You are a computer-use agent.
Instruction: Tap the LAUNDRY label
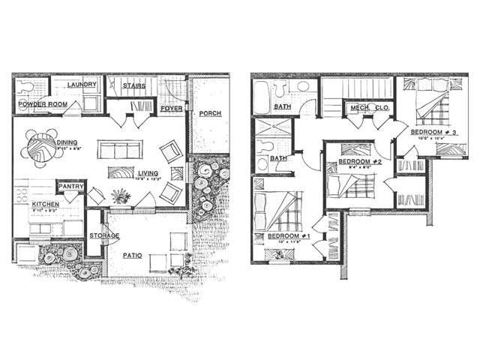pyautogui.click(x=82, y=85)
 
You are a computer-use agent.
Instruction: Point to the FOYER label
pyautogui.click(x=172, y=109)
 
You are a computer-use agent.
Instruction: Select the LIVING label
pyautogui.click(x=148, y=174)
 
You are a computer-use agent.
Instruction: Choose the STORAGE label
pyautogui.click(x=103, y=236)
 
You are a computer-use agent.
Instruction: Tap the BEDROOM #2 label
pyautogui.click(x=361, y=162)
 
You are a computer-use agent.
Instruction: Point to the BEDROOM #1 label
pyautogui.click(x=289, y=237)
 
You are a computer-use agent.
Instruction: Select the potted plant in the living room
pyautogui.click(x=119, y=196)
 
